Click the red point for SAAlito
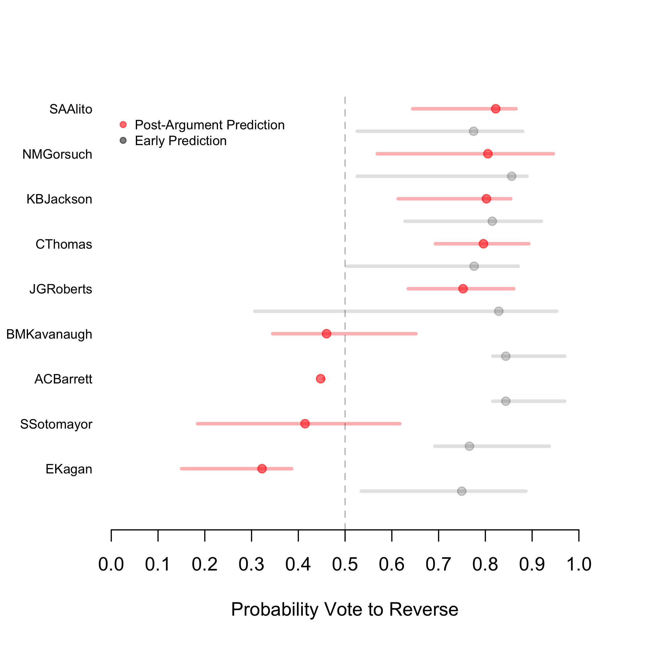(x=495, y=109)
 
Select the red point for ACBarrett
(x=321, y=379)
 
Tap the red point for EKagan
(x=262, y=469)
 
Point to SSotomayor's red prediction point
(x=305, y=424)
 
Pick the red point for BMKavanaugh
(x=326, y=334)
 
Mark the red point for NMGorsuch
(x=488, y=154)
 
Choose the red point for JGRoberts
(x=463, y=289)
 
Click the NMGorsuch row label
(x=57, y=154)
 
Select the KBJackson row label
(x=59, y=199)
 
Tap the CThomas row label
(x=64, y=245)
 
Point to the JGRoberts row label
(x=61, y=289)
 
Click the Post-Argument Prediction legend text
(x=210, y=125)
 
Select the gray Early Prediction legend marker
(x=123, y=141)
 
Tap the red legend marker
(x=123, y=125)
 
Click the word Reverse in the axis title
(x=424, y=609)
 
